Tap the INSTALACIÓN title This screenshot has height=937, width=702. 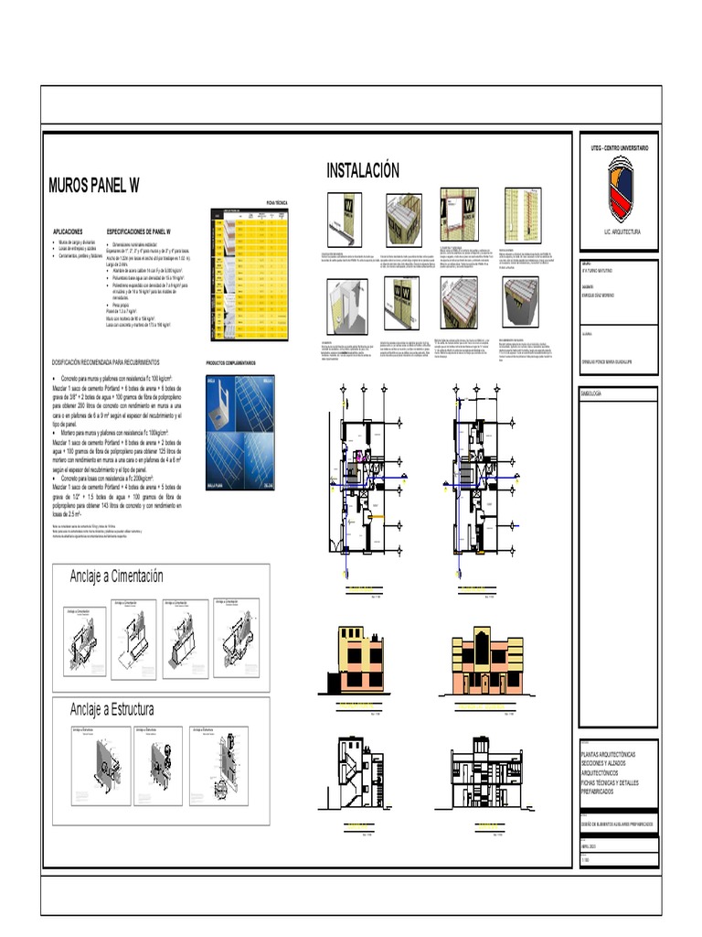tap(364, 171)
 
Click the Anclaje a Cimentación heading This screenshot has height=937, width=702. tap(116, 576)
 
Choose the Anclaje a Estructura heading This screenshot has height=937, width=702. tap(112, 709)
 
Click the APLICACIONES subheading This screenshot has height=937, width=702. tap(69, 232)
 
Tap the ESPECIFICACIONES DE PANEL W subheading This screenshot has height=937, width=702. tap(145, 232)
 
